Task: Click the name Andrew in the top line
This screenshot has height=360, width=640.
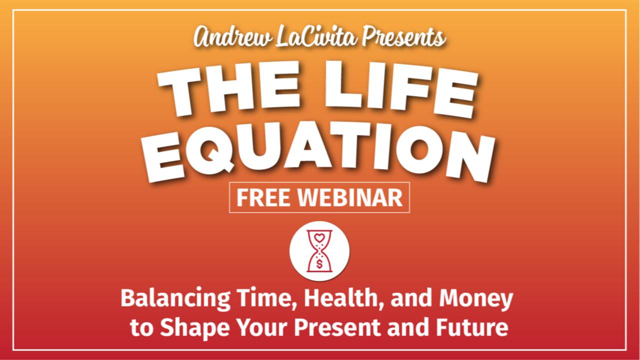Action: click(x=232, y=38)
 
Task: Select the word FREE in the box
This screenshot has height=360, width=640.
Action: click(x=263, y=198)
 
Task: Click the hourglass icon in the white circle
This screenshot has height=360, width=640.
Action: click(x=319, y=251)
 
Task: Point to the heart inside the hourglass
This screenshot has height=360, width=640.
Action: click(x=319, y=237)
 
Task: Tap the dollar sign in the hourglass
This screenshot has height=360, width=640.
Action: click(x=319, y=264)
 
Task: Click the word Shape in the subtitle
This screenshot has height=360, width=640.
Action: click(x=189, y=328)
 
